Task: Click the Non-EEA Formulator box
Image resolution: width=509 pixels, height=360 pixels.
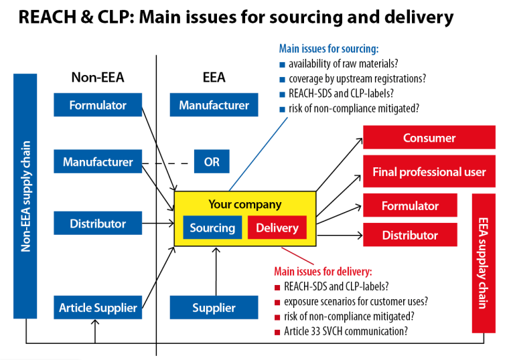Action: (x=98, y=105)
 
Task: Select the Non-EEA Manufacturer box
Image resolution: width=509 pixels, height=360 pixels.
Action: (x=98, y=162)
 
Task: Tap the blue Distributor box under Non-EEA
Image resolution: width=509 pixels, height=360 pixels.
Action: (x=98, y=223)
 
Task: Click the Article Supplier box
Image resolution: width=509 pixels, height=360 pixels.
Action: (x=98, y=308)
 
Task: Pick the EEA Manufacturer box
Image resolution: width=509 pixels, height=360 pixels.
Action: (x=214, y=105)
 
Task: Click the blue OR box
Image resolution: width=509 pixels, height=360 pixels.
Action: (x=212, y=162)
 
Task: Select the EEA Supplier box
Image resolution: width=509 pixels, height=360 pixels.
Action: (x=214, y=308)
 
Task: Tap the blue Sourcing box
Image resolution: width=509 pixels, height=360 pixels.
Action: (x=212, y=228)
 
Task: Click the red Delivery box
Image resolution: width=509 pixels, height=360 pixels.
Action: (x=277, y=228)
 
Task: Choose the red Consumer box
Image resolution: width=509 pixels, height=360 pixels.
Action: (x=429, y=138)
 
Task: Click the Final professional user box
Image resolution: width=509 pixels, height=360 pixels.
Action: (x=429, y=172)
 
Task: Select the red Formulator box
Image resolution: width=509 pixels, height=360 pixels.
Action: (x=410, y=206)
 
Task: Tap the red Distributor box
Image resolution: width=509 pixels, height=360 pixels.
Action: (x=410, y=236)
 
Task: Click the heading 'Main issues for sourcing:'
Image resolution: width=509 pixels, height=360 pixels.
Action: (x=328, y=48)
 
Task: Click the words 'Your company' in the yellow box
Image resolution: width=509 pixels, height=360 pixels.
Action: (x=244, y=204)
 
